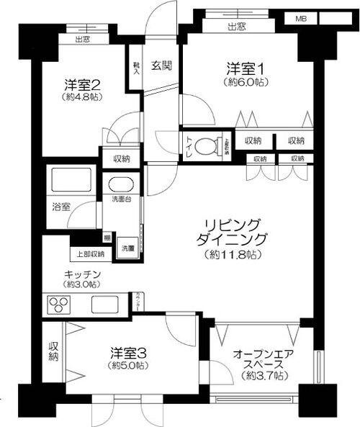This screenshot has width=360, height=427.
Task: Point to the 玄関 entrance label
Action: [161, 66]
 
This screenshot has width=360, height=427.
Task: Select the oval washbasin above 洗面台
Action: [122, 183]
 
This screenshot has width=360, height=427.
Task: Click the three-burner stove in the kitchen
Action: [57, 305]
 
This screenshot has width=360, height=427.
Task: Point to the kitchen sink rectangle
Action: [107, 305]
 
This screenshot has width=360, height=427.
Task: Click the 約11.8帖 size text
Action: [231, 256]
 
